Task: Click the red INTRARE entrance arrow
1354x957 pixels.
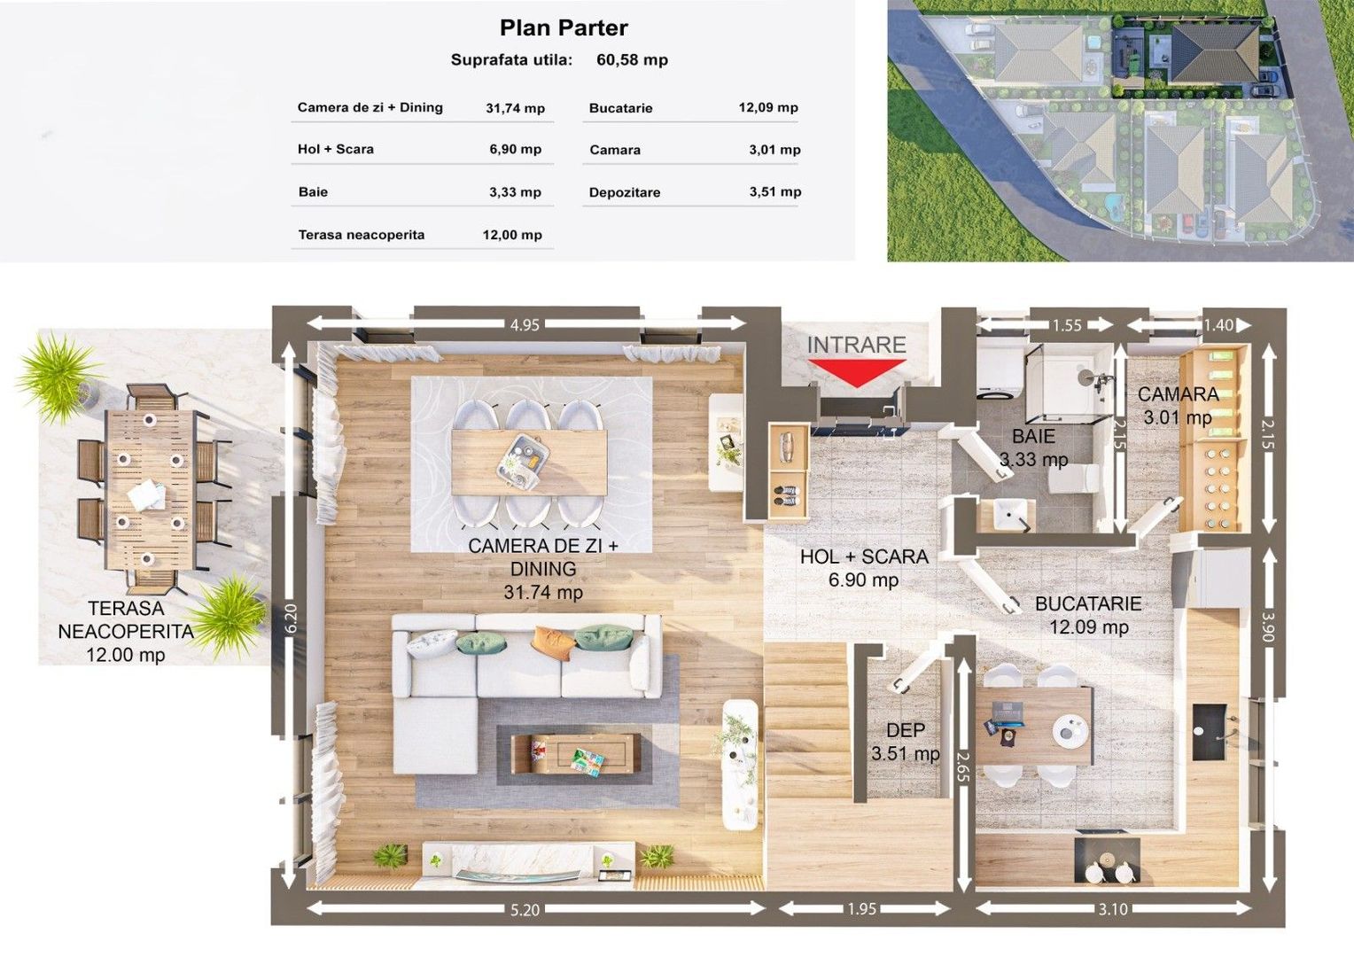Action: click(x=857, y=372)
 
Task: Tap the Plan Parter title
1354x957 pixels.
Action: click(x=564, y=27)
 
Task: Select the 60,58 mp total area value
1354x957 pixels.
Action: click(x=633, y=60)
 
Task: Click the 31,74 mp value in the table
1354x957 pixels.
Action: click(x=515, y=108)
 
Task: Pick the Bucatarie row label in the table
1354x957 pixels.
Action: click(x=621, y=108)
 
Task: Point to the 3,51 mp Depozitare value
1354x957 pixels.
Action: click(x=775, y=191)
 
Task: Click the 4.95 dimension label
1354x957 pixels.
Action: click(x=524, y=324)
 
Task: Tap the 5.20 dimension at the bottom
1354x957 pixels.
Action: click(x=524, y=910)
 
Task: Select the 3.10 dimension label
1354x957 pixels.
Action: click(x=1113, y=908)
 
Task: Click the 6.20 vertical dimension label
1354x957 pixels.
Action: click(x=291, y=619)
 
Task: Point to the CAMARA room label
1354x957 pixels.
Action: click(x=1178, y=394)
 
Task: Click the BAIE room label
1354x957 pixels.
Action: click(x=1033, y=436)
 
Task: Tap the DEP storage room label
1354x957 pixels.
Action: click(x=906, y=730)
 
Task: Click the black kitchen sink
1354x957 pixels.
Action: click(x=1209, y=732)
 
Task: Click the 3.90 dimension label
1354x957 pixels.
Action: click(x=1268, y=628)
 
